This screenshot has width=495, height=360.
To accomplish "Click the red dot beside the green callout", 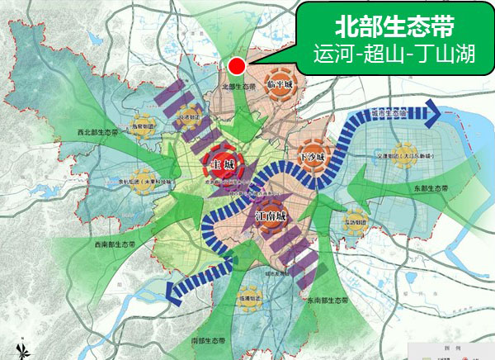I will point(237,66).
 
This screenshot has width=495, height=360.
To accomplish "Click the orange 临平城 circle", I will point(281,83).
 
